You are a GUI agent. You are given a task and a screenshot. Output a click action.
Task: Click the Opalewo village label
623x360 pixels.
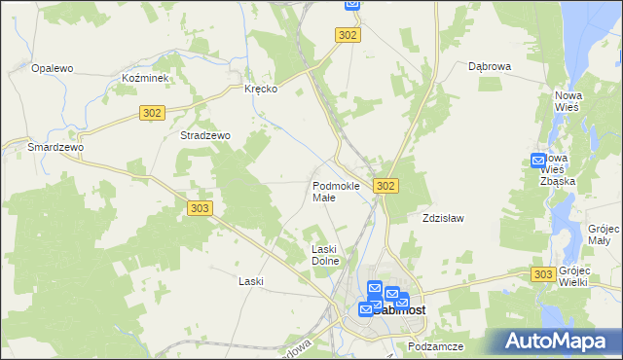click(x=53, y=68)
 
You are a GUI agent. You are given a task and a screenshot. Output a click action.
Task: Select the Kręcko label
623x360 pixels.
click(x=261, y=89)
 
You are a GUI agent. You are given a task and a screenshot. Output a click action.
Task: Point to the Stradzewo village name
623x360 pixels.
click(x=204, y=136)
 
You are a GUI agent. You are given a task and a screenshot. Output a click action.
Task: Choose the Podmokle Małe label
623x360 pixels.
click(x=336, y=191)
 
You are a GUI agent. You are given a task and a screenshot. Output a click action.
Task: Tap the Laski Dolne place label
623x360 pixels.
click(x=324, y=256)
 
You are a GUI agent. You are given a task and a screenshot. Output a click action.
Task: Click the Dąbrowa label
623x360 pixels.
click(x=490, y=67)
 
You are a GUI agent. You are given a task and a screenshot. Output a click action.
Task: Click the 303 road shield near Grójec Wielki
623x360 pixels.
click(x=544, y=275)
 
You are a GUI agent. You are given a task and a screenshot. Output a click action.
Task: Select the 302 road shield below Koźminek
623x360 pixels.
click(x=151, y=113)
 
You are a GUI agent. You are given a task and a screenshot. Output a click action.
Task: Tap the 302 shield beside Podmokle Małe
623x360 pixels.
click(x=385, y=186)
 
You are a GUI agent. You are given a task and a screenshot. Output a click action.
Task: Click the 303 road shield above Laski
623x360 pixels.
click(x=199, y=208)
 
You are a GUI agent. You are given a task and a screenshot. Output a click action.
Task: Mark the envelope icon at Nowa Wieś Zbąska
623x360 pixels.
click(x=539, y=161)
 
